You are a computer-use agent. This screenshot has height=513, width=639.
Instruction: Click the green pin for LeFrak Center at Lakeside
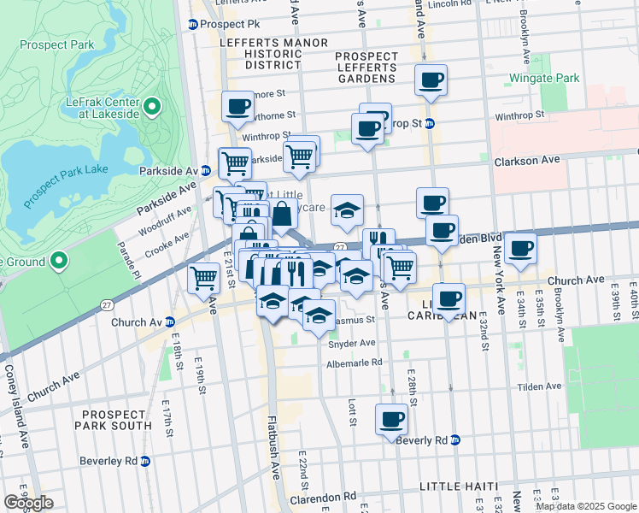(x=152, y=107)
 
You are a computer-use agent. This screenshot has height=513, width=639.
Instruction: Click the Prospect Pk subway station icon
(x=193, y=25)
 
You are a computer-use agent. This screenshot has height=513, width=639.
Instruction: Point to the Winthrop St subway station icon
(x=430, y=123)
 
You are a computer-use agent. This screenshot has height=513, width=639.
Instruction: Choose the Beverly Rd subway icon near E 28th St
(x=456, y=440)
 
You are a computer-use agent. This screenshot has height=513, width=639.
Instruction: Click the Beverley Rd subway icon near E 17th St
(x=145, y=461)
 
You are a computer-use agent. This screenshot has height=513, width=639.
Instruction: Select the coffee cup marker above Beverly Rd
(x=392, y=419)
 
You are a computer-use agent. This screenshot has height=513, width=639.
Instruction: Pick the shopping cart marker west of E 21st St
(x=203, y=276)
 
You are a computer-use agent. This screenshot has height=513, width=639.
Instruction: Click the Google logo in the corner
(x=28, y=503)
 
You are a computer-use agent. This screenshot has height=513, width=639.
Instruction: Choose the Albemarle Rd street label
(x=354, y=363)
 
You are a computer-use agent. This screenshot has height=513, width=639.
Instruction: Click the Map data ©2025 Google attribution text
(x=585, y=506)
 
